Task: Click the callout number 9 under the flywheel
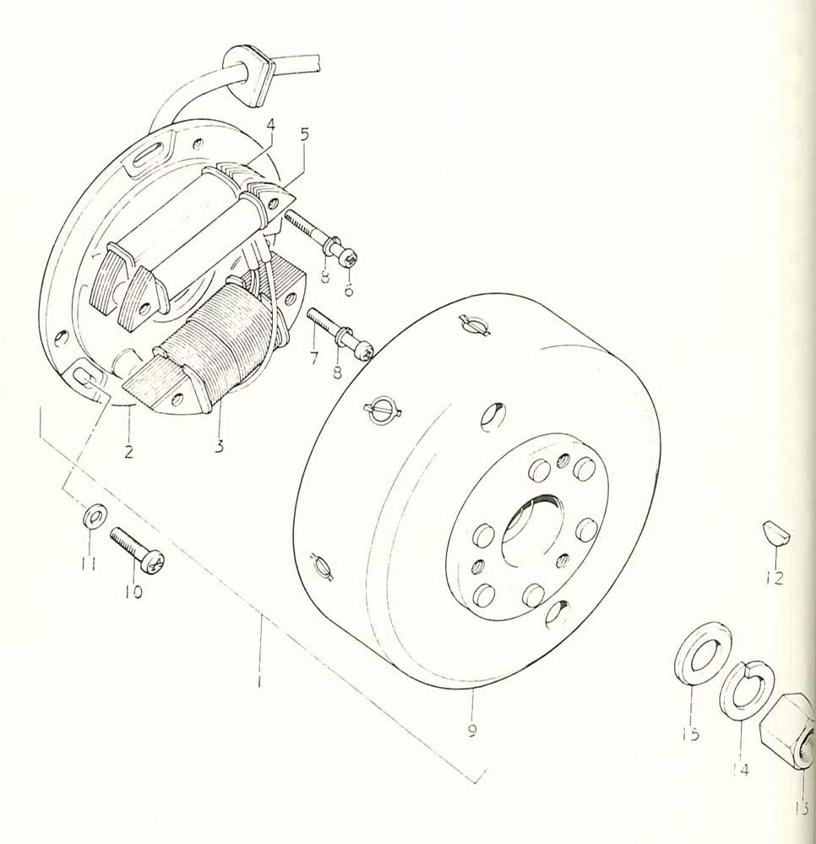click(x=472, y=731)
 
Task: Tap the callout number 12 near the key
click(x=775, y=578)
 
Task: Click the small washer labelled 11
click(x=95, y=517)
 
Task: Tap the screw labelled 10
click(x=137, y=550)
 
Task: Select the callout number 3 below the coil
click(x=219, y=446)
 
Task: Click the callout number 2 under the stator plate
click(x=128, y=451)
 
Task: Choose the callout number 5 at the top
click(x=305, y=134)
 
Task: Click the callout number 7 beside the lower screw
click(x=314, y=357)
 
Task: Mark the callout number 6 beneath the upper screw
click(x=348, y=289)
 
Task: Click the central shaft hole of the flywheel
click(x=530, y=531)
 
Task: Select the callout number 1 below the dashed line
click(x=259, y=680)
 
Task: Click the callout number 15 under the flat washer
click(x=691, y=733)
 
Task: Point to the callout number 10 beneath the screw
click(x=133, y=591)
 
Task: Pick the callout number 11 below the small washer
click(x=89, y=564)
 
